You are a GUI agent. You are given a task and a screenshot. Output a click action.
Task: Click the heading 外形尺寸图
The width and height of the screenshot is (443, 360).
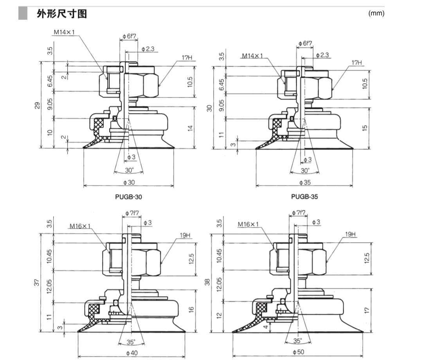tap(61, 14)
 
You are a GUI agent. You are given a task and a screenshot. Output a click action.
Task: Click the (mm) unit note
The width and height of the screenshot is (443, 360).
tap(376, 13)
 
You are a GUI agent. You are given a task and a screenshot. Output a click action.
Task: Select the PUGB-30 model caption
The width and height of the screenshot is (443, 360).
tap(128, 197)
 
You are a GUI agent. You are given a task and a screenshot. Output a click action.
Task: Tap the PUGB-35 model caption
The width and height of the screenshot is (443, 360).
tap(304, 197)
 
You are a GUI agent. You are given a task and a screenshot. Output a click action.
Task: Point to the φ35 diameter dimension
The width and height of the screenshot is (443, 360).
tap(304, 182)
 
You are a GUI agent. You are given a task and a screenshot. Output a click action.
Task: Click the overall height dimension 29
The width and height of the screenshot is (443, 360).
tap(38, 105)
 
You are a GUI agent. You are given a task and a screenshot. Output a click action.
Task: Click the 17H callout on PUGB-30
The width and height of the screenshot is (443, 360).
tap(187, 58)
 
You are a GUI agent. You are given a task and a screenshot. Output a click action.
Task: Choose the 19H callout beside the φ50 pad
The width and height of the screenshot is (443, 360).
tap(350, 234)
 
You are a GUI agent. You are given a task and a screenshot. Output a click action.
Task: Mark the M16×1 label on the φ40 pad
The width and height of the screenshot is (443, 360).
tap(80, 226)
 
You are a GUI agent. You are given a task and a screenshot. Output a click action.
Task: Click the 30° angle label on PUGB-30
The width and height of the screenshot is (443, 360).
tap(129, 170)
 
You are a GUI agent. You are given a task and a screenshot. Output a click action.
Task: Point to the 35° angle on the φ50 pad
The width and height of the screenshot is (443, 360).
tap(298, 340)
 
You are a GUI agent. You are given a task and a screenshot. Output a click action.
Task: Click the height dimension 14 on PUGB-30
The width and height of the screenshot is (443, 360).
tap(191, 128)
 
